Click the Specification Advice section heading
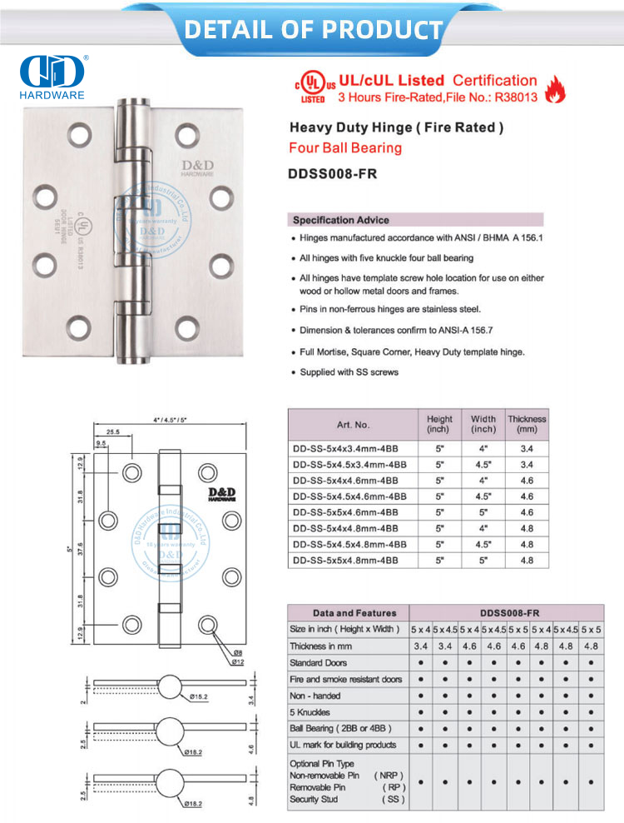click(x=340, y=221)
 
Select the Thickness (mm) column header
click(x=527, y=424)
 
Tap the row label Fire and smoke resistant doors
click(x=345, y=680)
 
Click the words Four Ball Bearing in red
click(x=344, y=148)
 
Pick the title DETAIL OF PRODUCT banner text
click(x=313, y=30)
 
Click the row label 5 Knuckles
click(x=310, y=712)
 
